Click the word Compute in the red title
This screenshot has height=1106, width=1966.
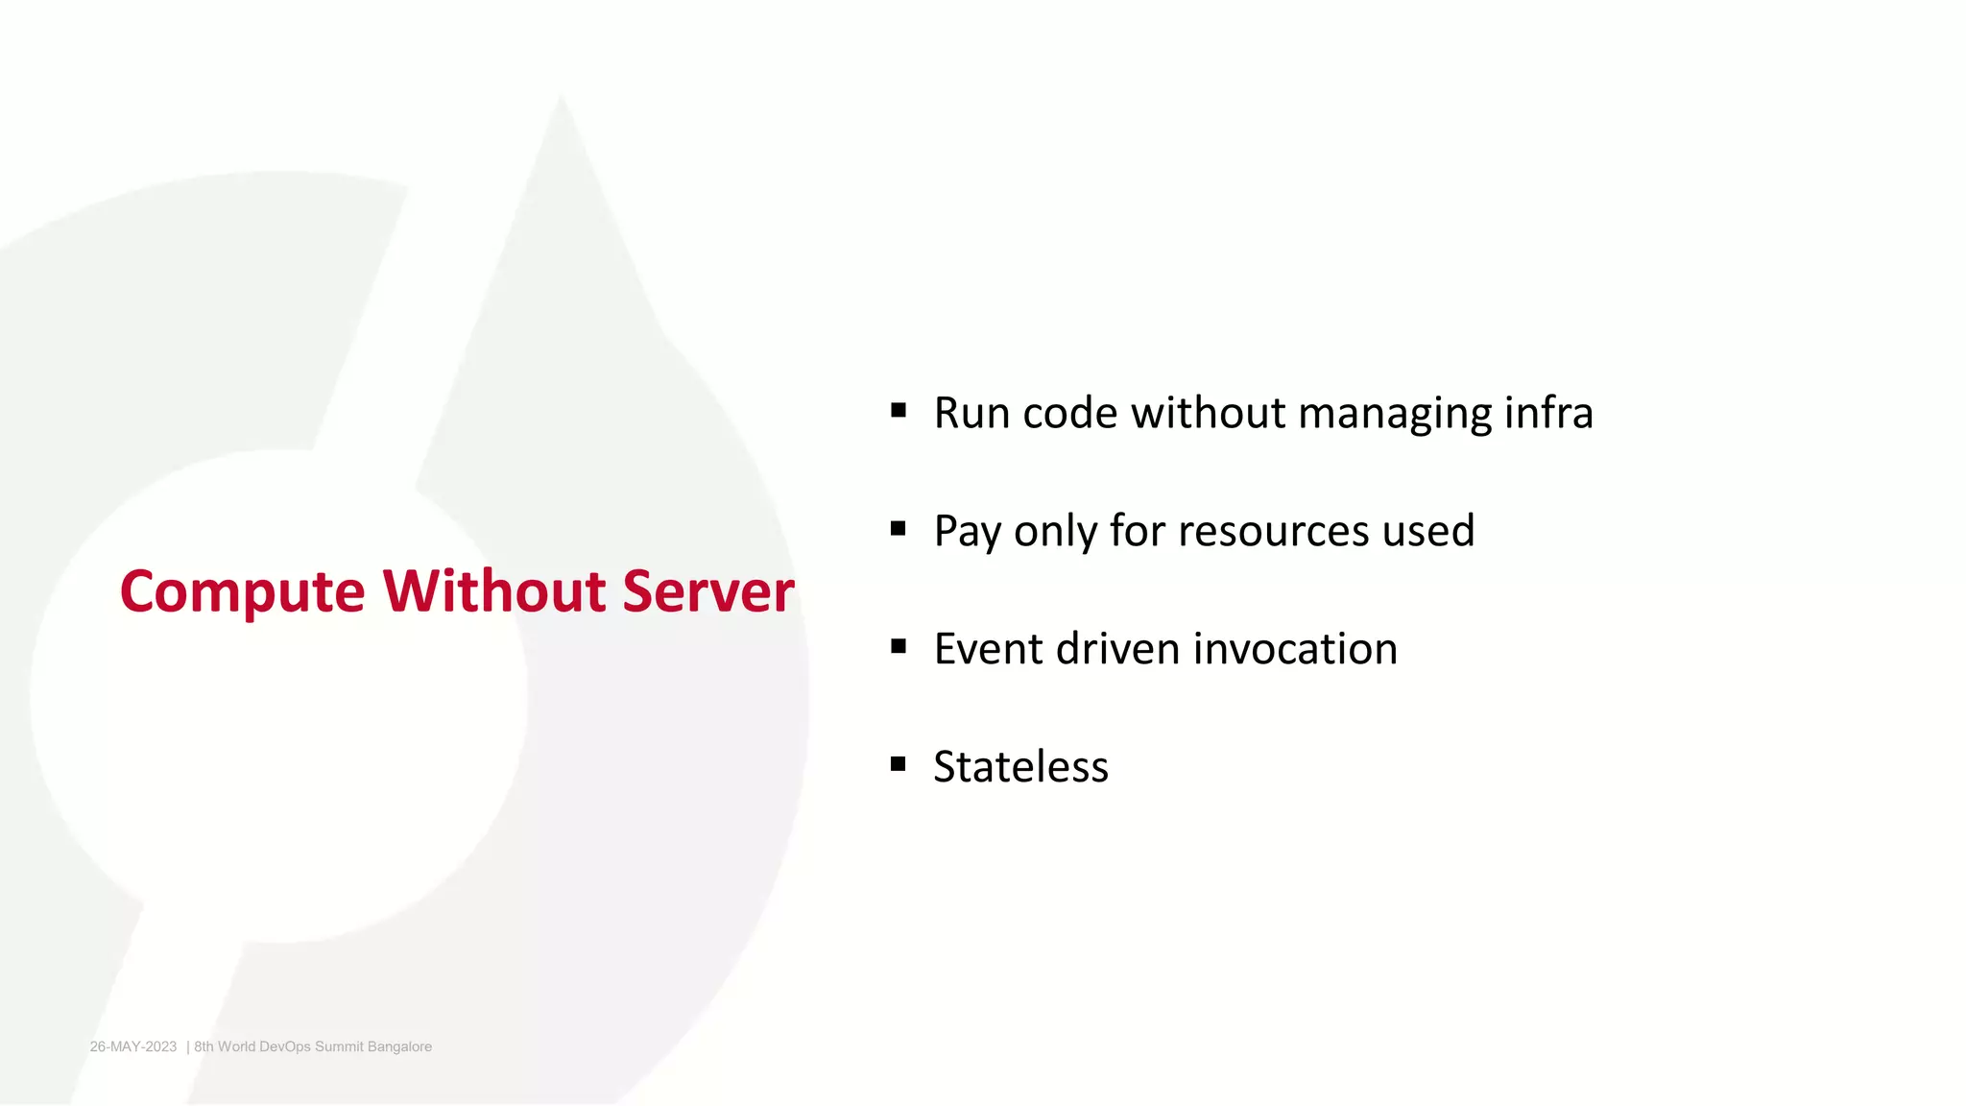(242, 591)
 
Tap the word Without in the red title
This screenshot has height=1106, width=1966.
(494, 591)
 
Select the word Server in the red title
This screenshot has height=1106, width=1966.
(707, 591)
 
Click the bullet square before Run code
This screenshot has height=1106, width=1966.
(899, 411)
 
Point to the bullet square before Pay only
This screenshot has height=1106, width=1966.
(899, 528)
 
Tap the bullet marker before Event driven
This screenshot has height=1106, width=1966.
(899, 646)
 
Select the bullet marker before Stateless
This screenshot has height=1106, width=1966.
(899, 764)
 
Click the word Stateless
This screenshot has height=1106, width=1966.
(1020, 766)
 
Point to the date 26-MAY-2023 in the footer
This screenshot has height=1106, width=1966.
(133, 1046)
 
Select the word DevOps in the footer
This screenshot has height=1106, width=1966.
(285, 1046)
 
